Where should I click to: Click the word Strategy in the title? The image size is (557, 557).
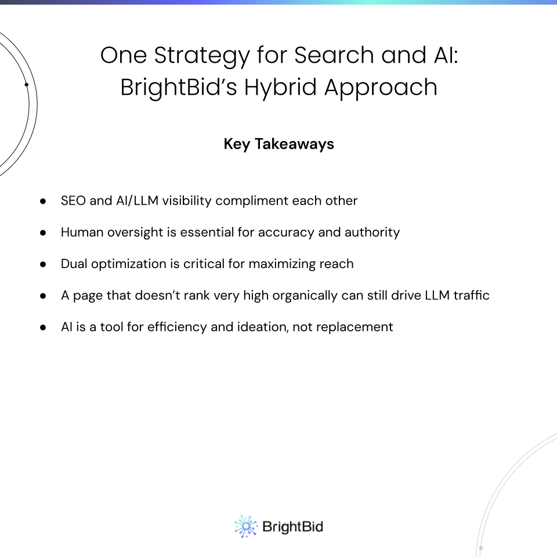(202, 56)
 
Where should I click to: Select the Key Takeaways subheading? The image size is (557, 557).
(279, 144)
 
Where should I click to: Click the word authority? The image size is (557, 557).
(372, 232)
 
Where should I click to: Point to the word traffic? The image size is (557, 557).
(471, 295)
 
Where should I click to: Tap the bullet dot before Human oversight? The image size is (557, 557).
(43, 233)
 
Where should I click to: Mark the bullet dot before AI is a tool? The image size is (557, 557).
(43, 327)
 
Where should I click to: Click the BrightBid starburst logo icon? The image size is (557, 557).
(245, 526)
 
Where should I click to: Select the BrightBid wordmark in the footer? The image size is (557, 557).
(292, 527)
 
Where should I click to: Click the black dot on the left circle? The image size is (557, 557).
(26, 85)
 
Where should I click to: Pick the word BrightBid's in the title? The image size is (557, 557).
(179, 88)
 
